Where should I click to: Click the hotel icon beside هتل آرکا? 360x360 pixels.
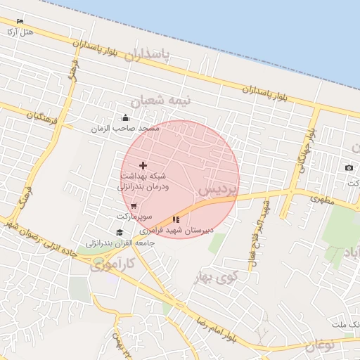19,22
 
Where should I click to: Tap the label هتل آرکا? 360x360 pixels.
19,32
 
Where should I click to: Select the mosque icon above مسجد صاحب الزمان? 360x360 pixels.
125,117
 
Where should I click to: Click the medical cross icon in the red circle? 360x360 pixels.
144,165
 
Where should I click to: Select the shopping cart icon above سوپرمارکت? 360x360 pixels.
134,206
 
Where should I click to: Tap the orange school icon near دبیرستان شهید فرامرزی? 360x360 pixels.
176,219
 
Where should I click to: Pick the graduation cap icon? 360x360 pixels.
120,233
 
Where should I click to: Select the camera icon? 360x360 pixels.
349,167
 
